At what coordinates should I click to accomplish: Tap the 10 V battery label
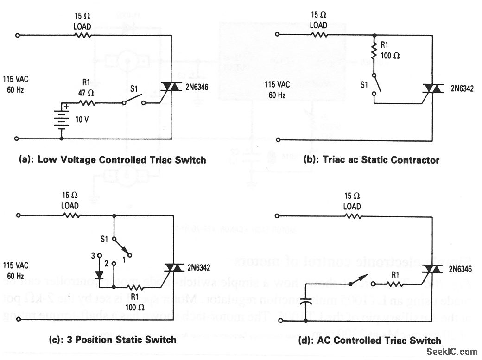[82, 119]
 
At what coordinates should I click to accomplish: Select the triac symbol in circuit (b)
[433, 89]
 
